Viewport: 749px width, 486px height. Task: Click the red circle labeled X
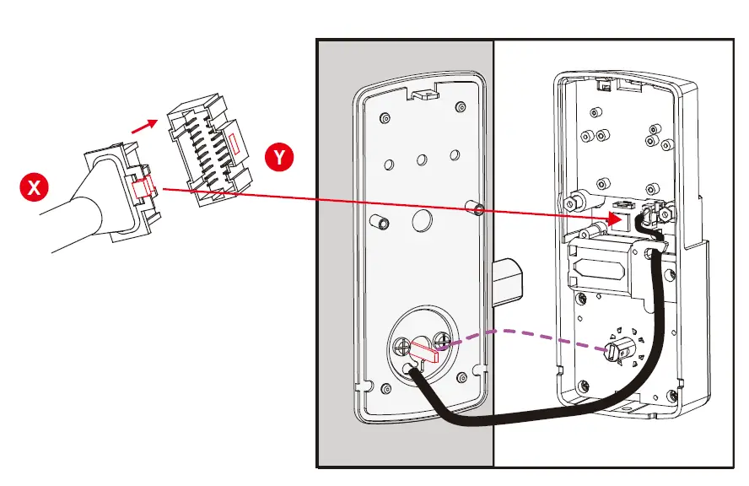pyautogui.click(x=35, y=187)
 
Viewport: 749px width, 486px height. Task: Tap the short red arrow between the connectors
pyautogui.click(x=145, y=126)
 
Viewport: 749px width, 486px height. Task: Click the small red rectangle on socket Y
pyautogui.click(x=233, y=140)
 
